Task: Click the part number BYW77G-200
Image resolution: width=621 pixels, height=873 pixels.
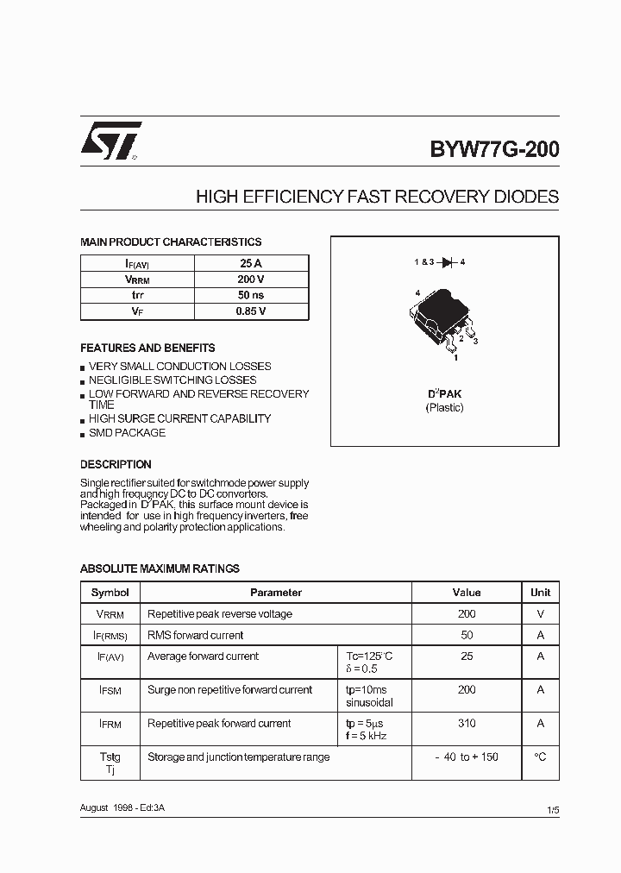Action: click(494, 149)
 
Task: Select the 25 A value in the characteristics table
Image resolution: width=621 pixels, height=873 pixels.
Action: click(252, 263)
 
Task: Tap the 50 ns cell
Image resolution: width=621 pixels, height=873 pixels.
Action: click(252, 295)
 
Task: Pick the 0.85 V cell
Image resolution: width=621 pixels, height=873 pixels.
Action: click(252, 311)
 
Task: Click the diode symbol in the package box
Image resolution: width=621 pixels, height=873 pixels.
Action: click(447, 261)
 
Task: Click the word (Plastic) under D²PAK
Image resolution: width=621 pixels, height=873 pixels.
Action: click(445, 407)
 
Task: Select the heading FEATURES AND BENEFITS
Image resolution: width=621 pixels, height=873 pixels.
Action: click(147, 349)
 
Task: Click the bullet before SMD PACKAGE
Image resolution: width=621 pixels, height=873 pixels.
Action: click(83, 434)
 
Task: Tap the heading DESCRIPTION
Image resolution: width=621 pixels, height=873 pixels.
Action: click(116, 464)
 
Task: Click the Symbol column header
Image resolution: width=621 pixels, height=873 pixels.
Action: click(110, 593)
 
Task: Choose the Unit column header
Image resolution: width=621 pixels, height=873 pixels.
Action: click(541, 593)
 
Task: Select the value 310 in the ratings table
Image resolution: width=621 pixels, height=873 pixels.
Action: click(467, 724)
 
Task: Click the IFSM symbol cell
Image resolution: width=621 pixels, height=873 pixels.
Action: click(110, 690)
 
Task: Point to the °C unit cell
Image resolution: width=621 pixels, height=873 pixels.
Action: click(541, 757)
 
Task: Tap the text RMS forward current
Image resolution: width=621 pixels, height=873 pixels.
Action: click(196, 636)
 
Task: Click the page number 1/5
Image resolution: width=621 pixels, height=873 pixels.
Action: click(553, 810)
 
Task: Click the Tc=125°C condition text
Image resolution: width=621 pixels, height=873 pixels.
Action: click(369, 656)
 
